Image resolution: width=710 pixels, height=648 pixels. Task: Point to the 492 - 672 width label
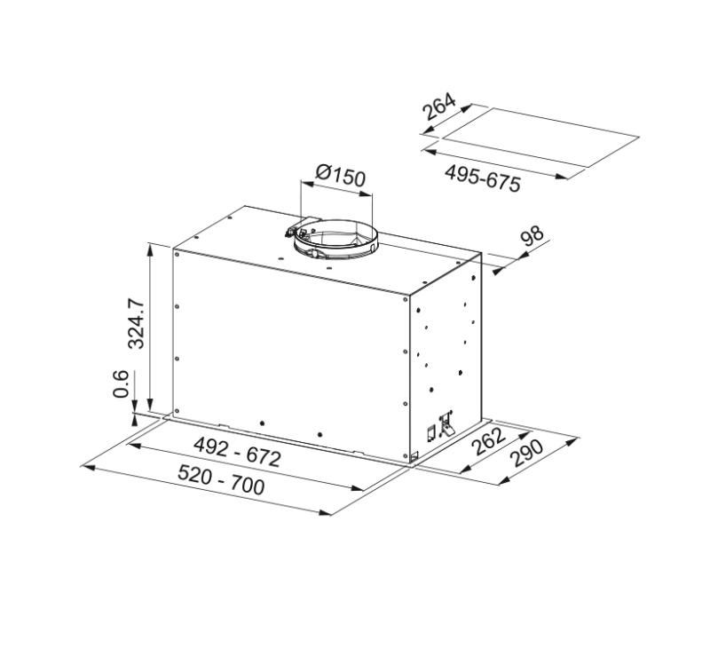click(x=237, y=453)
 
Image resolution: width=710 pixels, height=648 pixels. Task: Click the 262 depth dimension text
click(x=488, y=442)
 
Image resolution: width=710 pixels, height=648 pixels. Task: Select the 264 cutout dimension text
click(x=438, y=107)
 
